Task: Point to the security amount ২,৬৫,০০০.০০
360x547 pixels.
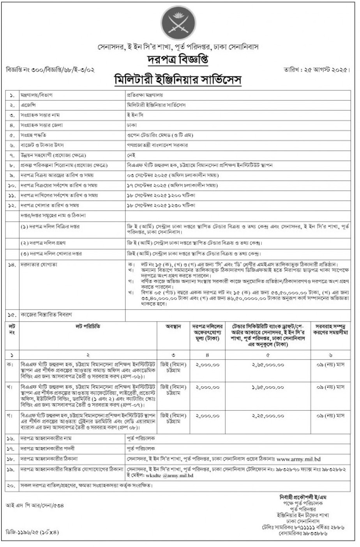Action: pyautogui.click(x=268, y=365)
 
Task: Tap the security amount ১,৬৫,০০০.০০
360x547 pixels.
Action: pyautogui.click(x=268, y=388)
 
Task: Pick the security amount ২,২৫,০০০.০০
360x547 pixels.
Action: pyautogui.click(x=268, y=416)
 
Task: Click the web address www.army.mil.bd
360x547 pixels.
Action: pyautogui.click(x=300, y=460)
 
